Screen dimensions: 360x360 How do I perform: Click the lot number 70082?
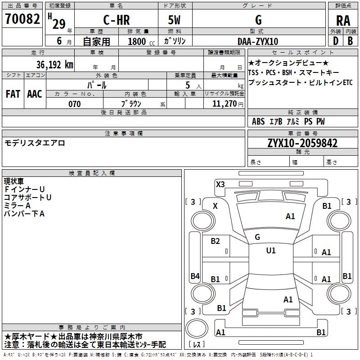(x=22, y=19)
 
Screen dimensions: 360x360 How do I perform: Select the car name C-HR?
(x=117, y=20)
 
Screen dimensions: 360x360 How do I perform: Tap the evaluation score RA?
(x=343, y=21)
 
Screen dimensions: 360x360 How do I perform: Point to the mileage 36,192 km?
(x=54, y=64)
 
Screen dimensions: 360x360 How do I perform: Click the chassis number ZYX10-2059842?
(x=302, y=143)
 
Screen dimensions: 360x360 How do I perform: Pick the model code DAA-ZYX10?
(x=258, y=41)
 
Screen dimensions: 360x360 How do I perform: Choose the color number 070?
(x=75, y=104)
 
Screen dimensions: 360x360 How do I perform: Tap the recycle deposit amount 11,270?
(x=224, y=104)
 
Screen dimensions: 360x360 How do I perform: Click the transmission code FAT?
(x=13, y=94)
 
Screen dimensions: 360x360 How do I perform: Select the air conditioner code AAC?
(x=35, y=94)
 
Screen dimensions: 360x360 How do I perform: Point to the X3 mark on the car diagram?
(x=220, y=184)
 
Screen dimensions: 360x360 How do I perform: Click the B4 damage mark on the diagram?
(x=195, y=276)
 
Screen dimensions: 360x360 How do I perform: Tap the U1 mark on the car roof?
(x=271, y=250)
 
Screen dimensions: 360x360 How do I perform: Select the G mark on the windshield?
(x=257, y=237)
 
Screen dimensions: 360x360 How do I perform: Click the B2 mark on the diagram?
(x=215, y=241)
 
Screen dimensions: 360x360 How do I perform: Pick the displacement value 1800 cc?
(x=141, y=41)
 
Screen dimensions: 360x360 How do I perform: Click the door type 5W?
(x=174, y=20)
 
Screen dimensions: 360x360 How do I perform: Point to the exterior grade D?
(x=336, y=41)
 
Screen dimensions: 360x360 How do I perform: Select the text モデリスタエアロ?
(x=35, y=143)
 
